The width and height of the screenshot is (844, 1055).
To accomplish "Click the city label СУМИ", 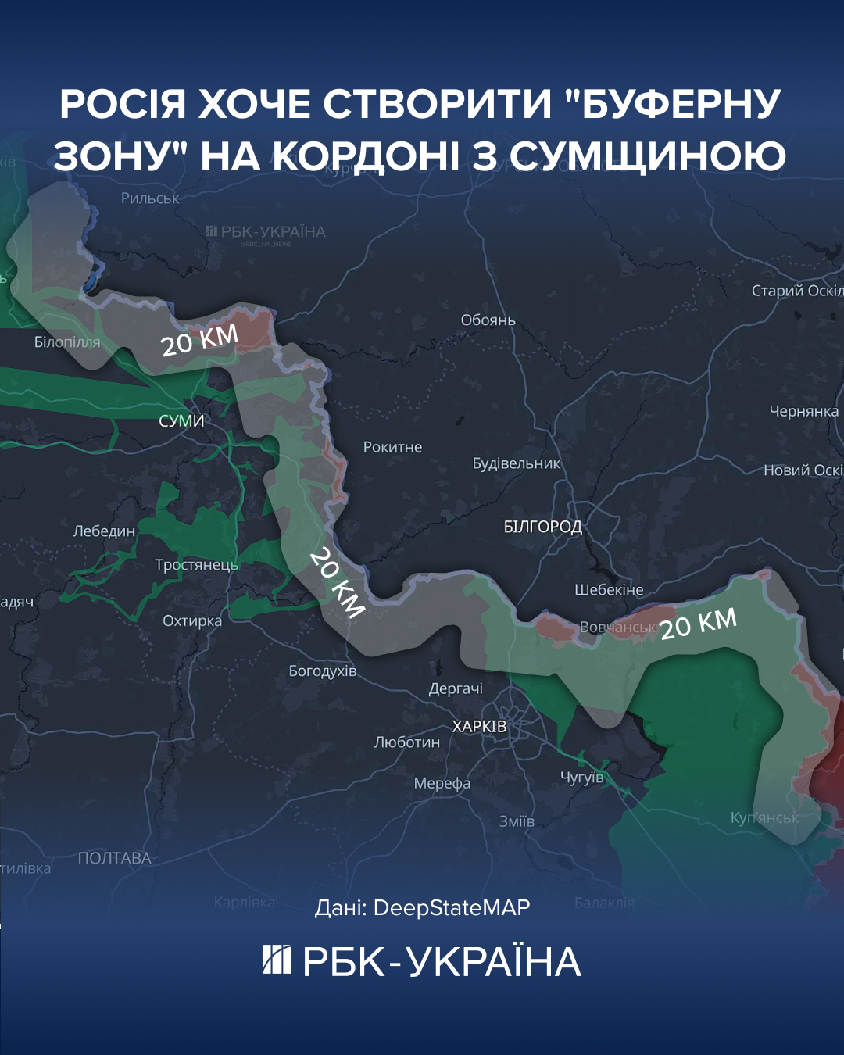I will tap(181, 420).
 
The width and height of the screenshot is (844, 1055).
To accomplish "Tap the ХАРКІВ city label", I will tap(479, 726).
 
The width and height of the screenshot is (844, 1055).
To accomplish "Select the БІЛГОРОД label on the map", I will tap(542, 527).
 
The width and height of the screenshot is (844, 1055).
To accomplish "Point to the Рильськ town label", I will tap(150, 198).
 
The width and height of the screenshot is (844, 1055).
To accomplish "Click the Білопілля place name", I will tap(67, 342).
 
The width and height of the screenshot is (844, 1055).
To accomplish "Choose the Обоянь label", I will tap(488, 320).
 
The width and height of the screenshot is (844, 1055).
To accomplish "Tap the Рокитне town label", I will tap(392, 447).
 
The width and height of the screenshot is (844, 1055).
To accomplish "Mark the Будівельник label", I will tap(516, 463).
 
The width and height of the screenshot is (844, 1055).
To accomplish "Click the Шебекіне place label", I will tap(609, 590).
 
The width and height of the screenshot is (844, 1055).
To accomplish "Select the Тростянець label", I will tap(196, 564).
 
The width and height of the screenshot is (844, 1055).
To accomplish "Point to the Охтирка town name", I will tap(192, 621).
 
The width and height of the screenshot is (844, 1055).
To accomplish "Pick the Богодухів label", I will tap(322, 671).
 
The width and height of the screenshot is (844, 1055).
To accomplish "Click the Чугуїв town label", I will tap(582, 777).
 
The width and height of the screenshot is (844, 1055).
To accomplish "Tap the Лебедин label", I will tap(104, 531).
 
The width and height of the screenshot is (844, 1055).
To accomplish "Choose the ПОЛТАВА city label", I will tap(114, 858).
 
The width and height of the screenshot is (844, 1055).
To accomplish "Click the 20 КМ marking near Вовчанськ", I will tap(698, 624).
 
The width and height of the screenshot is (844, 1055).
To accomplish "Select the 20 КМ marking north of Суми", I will tap(199, 340).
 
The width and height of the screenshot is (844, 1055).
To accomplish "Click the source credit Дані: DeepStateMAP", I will tap(422, 907).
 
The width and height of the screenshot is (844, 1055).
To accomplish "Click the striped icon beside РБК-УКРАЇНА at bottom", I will tap(277, 960).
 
